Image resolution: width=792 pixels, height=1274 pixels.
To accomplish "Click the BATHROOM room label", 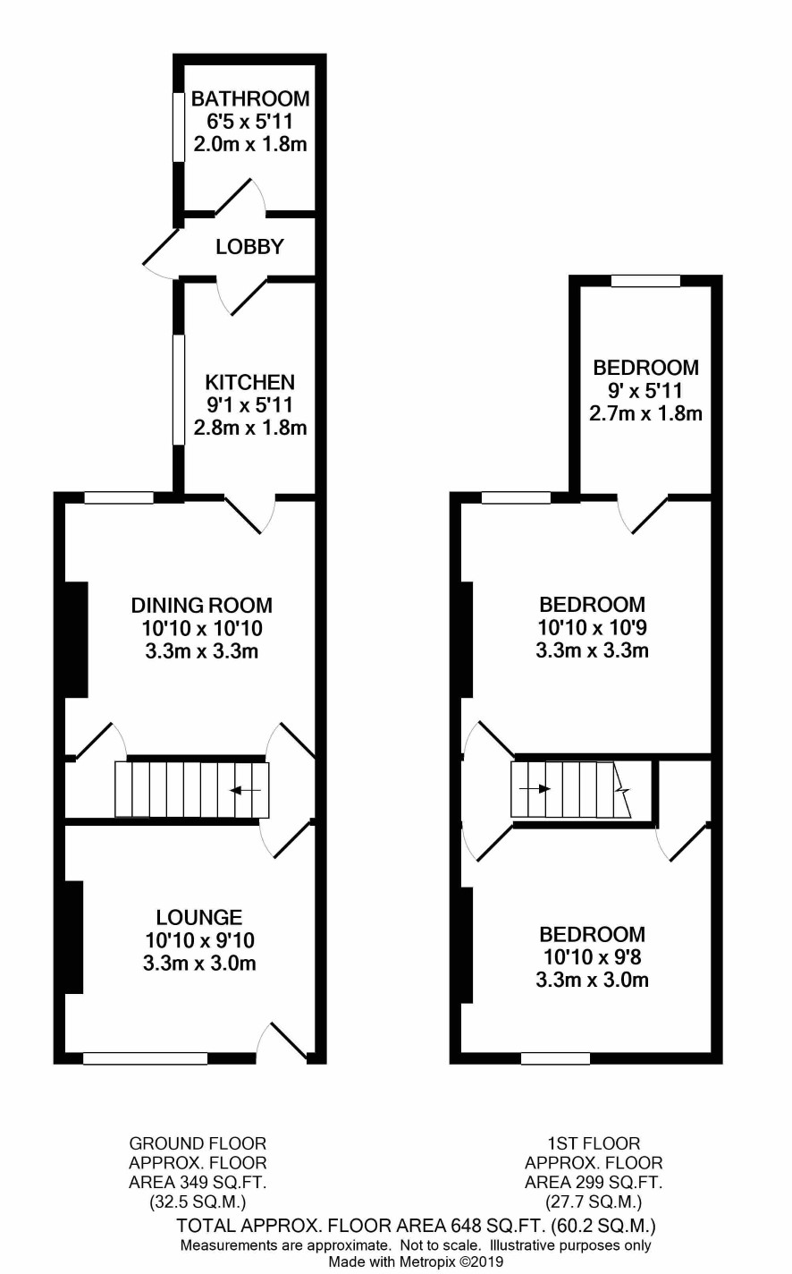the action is pos(250,99).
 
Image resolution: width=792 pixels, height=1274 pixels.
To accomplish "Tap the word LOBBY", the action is pos(249,247).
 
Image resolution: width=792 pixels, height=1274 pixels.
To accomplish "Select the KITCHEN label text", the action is pos(250,382).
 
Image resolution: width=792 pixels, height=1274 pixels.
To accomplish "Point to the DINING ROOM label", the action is pos(202,605).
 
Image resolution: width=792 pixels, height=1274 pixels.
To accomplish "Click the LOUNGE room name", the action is pos(199,917).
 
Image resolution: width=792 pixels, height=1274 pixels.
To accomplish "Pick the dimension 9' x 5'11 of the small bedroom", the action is pos(645,391).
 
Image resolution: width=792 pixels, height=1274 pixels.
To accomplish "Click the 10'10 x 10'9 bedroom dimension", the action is pos(593,628).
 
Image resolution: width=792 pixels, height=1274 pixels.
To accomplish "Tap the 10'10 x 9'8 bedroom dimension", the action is pos(593,957).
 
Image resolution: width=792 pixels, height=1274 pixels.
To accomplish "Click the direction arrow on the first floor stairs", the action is pos(535,789).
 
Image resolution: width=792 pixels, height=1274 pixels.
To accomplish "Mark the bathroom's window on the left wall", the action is pos(179,126).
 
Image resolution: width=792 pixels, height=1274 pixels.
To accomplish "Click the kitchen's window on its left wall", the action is pos(179,390).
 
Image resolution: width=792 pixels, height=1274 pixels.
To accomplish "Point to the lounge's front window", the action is pos(146,1058).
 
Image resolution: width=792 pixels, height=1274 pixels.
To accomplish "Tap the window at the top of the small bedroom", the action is pos(645,281).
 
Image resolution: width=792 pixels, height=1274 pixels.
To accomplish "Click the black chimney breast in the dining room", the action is pos(77,640).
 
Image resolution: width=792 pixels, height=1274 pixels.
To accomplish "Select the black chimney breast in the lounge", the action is pos(74,938).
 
